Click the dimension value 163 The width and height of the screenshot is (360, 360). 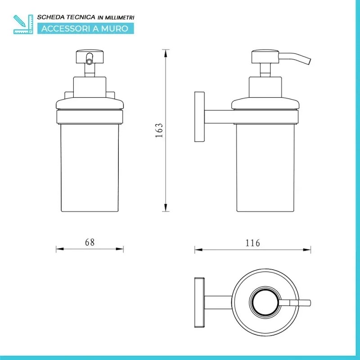coord(159,130)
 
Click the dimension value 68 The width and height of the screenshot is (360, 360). coord(90,242)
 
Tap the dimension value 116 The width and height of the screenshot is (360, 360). coord(253,243)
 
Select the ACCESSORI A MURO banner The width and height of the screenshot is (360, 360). coord(85,29)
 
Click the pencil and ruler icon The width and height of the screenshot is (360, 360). coord(23,24)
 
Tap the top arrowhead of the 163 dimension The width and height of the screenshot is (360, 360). coord(165,53)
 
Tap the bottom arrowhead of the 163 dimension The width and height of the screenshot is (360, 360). coord(165,207)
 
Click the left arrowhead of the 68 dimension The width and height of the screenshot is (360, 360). coord(60,249)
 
